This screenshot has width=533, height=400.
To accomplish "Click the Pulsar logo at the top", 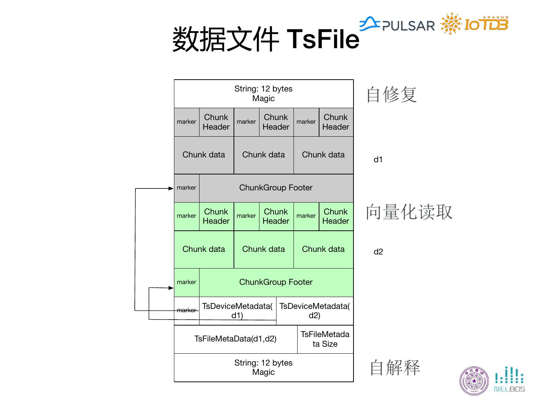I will click(x=397, y=24).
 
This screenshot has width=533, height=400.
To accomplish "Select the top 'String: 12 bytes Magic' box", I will click(x=264, y=94).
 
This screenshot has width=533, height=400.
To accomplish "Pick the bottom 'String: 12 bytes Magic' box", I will click(x=264, y=367).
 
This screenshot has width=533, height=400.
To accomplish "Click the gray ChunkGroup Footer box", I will click(x=276, y=188).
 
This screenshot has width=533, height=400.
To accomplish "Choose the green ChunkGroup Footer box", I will click(x=276, y=282).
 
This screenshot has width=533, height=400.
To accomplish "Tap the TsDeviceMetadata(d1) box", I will click(x=237, y=310).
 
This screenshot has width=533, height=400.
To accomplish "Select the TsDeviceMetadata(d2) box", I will click(x=315, y=310).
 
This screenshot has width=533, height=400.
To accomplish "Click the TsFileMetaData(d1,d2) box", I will click(x=235, y=339).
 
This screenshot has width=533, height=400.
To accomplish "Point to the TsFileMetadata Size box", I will click(x=325, y=339).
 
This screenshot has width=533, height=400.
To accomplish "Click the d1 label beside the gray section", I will click(x=378, y=160).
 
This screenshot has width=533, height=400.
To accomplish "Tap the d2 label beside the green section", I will click(x=378, y=252).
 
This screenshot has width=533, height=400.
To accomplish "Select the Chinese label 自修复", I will click(x=392, y=94).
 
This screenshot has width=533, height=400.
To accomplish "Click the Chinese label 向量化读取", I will click(x=409, y=212).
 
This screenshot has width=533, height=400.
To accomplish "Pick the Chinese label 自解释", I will click(x=395, y=368).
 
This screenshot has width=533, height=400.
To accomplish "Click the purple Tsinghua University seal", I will click(x=474, y=381).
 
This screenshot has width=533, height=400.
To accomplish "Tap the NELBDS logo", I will click(x=510, y=380).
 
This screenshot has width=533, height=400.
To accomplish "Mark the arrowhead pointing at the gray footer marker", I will click(x=171, y=189).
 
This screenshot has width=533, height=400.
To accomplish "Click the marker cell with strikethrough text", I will click(x=187, y=310).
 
